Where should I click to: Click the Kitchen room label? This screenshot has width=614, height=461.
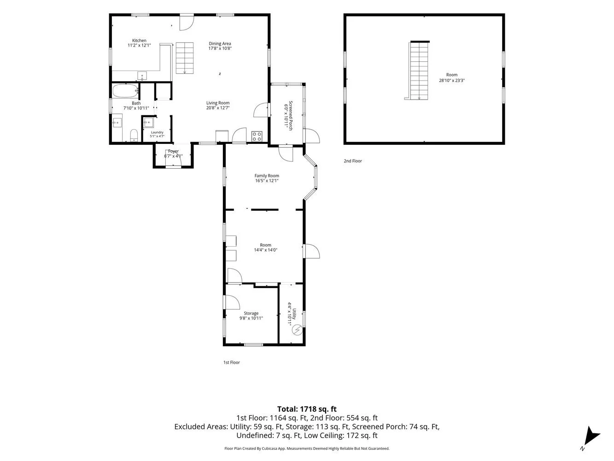pyautogui.click(x=139, y=41)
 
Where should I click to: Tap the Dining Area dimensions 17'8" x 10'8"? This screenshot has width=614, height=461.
pyautogui.click(x=220, y=48)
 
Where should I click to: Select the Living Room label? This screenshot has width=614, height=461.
pyautogui.click(x=218, y=103)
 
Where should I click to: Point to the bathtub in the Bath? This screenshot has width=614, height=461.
pyautogui.click(x=125, y=91)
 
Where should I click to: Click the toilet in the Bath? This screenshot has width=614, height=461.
pyautogui.click(x=134, y=136)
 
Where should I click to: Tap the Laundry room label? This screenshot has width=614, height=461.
pyautogui.click(x=157, y=132)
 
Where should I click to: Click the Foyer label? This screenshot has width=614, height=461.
pyautogui.click(x=174, y=151)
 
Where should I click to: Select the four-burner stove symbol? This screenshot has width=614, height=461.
pyautogui.click(x=257, y=136)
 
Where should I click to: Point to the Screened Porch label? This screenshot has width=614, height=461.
pyautogui.click(x=291, y=116)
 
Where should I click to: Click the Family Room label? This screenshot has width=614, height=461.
pyautogui.click(x=267, y=176)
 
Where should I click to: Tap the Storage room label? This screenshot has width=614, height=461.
pyautogui.click(x=251, y=313)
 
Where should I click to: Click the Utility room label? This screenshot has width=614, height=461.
pyautogui.click(x=294, y=314)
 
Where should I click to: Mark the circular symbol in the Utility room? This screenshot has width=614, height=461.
pyautogui.click(x=297, y=331)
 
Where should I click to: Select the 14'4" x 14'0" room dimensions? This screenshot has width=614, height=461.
pyautogui.click(x=265, y=250)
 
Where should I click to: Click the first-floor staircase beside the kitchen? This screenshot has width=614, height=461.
pyautogui.click(x=185, y=58)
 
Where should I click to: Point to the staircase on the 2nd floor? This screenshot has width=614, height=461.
pyautogui.click(x=419, y=70)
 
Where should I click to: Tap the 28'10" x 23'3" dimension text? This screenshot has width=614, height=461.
pyautogui.click(x=452, y=80)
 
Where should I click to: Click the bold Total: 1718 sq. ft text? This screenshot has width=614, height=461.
pyautogui.click(x=307, y=409)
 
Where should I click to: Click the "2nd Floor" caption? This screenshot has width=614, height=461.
pyautogui.click(x=353, y=161)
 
